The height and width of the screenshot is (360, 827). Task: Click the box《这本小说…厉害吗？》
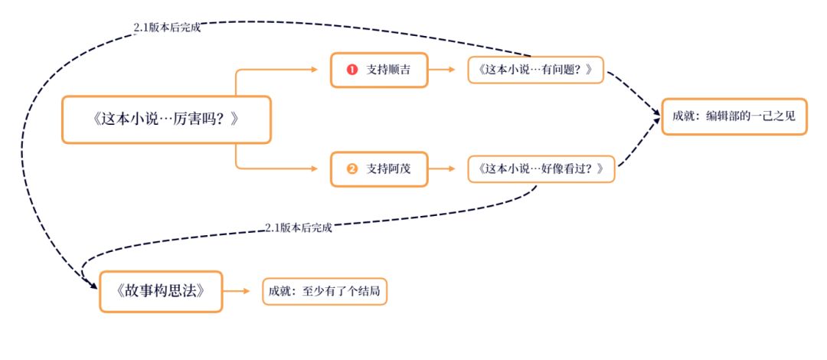tap(166, 119)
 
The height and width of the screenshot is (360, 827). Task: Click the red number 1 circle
tap(352, 70)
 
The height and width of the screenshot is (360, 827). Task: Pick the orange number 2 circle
tap(352, 169)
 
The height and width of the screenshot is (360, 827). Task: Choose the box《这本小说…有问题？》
tap(536, 70)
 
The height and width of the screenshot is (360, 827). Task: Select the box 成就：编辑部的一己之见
tap(734, 116)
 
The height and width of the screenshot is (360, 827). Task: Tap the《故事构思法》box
tap(161, 291)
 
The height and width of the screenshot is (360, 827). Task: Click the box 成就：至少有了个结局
tap(325, 291)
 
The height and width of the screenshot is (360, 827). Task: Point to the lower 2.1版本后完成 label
tap(299, 227)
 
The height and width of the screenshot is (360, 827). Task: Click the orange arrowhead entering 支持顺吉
tap(314, 70)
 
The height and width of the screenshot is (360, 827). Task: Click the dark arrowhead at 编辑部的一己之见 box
tap(657, 116)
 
